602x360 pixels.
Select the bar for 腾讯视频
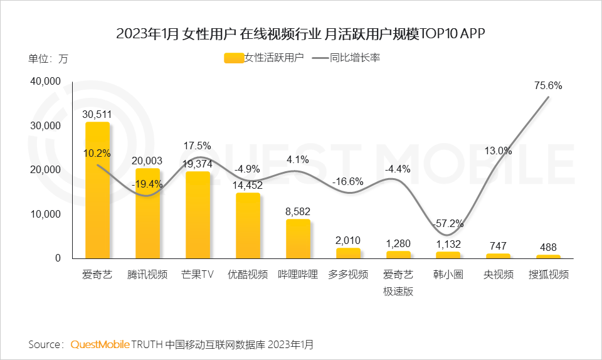pyautogui.click(x=147, y=213)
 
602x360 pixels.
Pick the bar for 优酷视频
pyautogui.click(x=248, y=226)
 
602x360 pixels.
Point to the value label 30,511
pyautogui.click(x=97, y=114)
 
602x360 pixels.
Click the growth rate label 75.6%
pyautogui.click(x=548, y=86)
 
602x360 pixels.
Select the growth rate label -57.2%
pyautogui.click(x=448, y=223)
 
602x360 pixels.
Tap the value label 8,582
pyautogui.click(x=298, y=211)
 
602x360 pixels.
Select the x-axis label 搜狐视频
pyautogui.click(x=548, y=275)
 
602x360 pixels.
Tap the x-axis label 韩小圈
pyautogui.click(x=448, y=275)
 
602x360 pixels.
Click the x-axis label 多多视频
pyautogui.click(x=348, y=275)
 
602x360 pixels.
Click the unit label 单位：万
pyautogui.click(x=48, y=59)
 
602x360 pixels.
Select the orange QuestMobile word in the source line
pyautogui.click(x=100, y=344)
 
